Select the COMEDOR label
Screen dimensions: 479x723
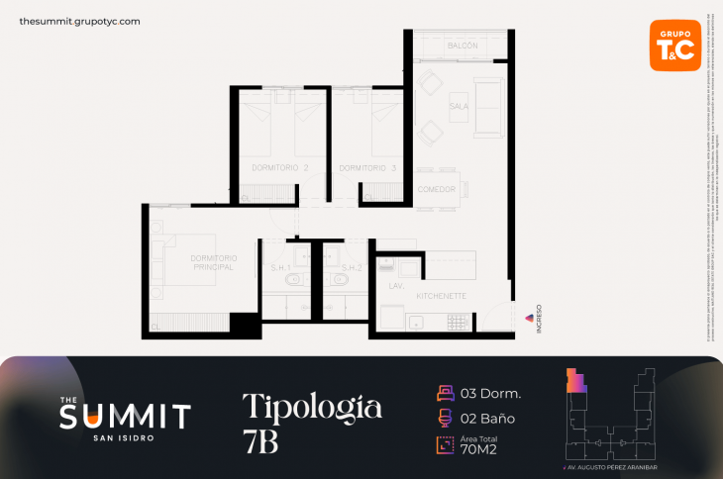coord(437,189)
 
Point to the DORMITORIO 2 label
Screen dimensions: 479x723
coord(280,168)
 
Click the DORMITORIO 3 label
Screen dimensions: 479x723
coord(367,168)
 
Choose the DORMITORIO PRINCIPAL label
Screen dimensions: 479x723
coord(213,262)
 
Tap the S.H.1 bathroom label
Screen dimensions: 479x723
coord(279,267)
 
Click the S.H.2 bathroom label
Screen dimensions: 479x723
coord(352,267)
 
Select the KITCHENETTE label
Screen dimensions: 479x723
coord(442,296)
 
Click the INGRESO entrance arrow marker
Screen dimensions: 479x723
coord(528,318)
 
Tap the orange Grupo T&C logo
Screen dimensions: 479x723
coord(674,45)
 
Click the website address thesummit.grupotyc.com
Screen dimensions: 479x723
coord(79,21)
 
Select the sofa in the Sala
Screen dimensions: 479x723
coord(486,106)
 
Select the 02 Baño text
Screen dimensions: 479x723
coord(487,419)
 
